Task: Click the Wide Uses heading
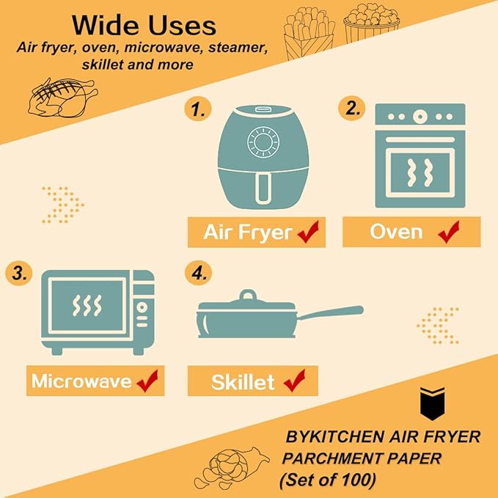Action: tap(144, 26)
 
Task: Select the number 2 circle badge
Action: tap(354, 109)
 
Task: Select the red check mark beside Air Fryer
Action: tap(308, 232)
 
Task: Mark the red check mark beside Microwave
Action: tap(147, 381)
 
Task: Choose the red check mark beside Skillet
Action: tap(293, 381)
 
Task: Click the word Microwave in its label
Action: tap(81, 381)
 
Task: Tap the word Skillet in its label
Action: tap(243, 382)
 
